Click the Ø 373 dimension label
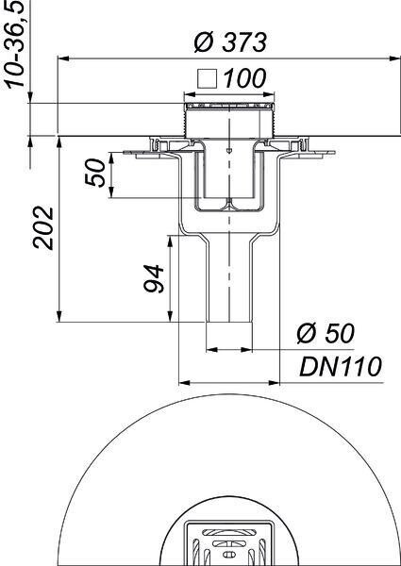point(230,42)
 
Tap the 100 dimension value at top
point(245,78)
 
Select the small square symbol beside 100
point(208,78)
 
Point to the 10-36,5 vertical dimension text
point(15,43)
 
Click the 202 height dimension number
point(43,228)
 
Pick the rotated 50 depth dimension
point(95,173)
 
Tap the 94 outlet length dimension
point(154,278)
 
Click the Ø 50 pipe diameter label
point(326,333)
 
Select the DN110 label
point(341,367)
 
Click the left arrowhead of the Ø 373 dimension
point(63,58)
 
